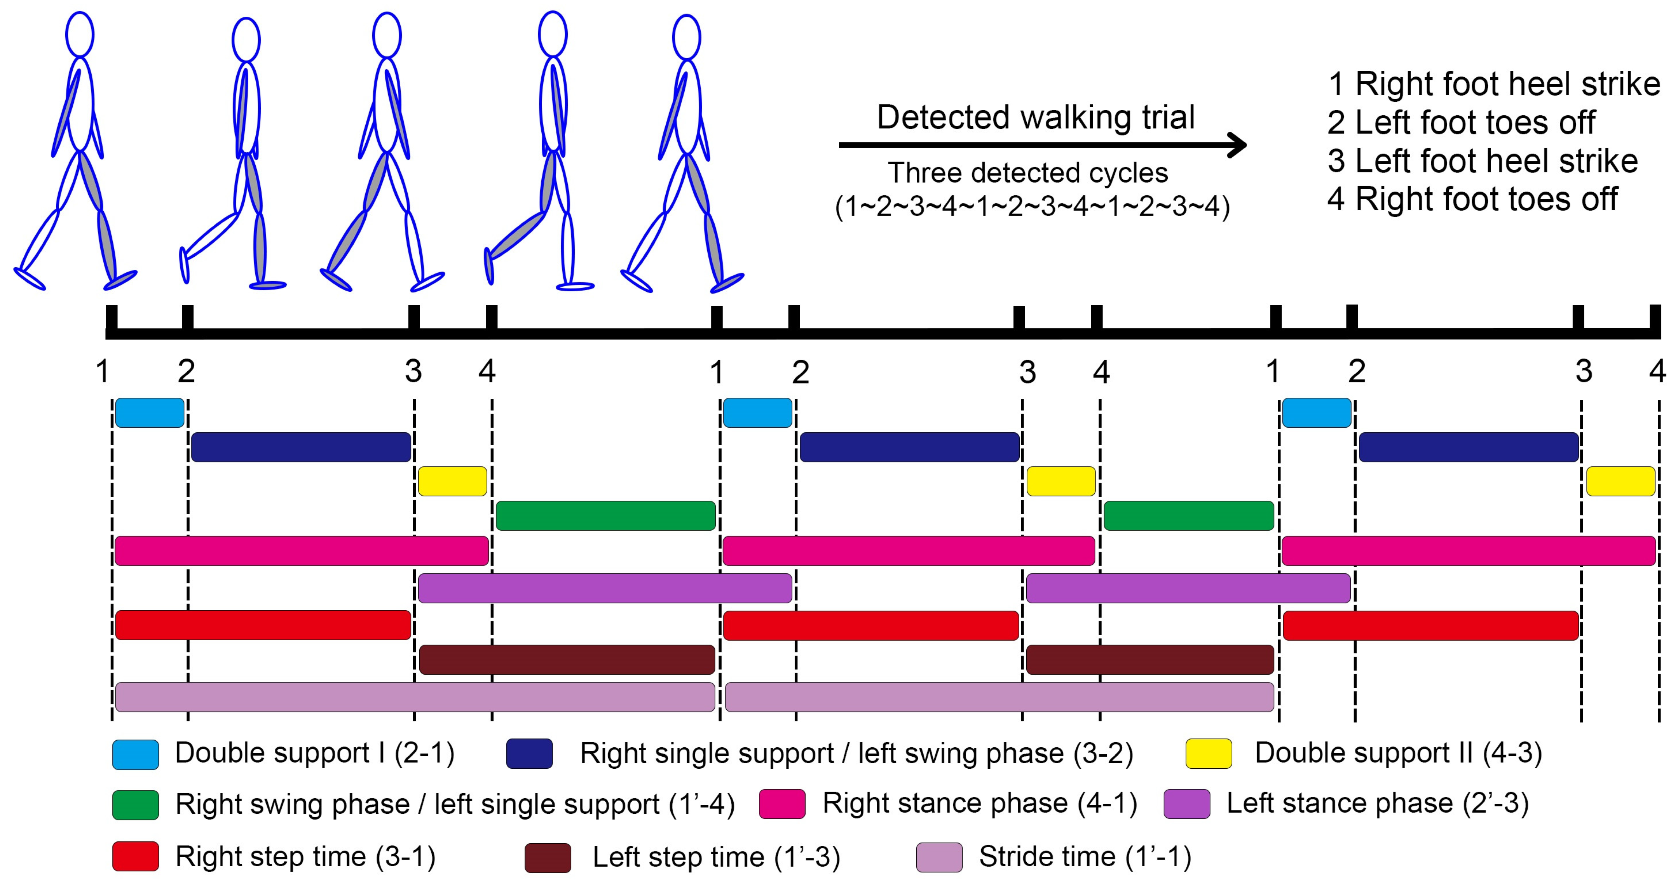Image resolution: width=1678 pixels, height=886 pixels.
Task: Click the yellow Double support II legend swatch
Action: pos(1208,754)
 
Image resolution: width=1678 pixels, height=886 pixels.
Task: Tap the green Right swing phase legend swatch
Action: pos(136,805)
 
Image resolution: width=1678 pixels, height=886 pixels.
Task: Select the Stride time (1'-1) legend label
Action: pos(1085,857)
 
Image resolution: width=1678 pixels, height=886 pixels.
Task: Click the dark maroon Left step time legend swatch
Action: pos(548,857)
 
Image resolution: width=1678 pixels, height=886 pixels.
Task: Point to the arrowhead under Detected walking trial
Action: pos(1234,144)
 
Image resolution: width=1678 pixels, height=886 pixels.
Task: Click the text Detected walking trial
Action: pos(1035,118)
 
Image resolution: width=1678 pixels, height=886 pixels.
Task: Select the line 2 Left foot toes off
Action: pos(1461,122)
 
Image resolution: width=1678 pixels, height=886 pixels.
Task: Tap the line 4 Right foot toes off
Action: pos(1472,199)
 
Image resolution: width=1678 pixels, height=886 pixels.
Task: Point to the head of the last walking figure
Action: pos(686,38)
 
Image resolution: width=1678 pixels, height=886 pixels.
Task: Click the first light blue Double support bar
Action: pos(149,413)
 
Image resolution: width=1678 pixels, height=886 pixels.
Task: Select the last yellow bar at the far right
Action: pos(1620,481)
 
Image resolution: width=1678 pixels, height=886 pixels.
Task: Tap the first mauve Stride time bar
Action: pos(415,696)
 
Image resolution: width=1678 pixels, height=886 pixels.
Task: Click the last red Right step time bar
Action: pos(1430,626)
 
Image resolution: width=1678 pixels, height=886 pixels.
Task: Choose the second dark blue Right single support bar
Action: pos(909,447)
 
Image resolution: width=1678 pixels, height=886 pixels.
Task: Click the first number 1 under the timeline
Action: pos(102,372)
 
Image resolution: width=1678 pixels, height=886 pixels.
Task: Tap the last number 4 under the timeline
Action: pos(1657,372)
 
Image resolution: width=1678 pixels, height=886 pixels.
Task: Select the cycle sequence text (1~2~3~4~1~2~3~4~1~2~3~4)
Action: pos(1032,207)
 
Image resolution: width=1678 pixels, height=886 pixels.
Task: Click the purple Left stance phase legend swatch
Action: pos(1187,804)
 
